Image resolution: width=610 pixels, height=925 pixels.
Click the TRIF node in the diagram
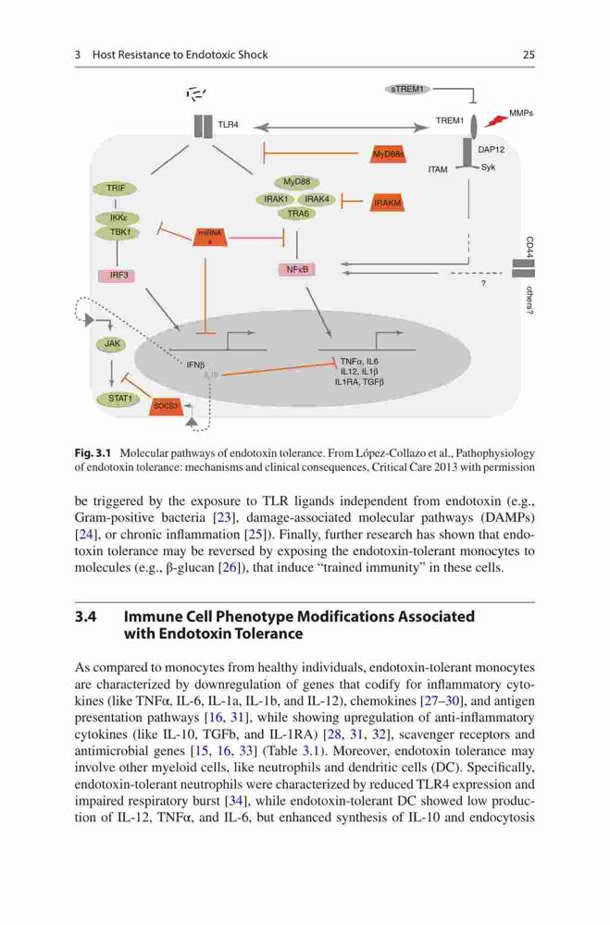pos(115,189)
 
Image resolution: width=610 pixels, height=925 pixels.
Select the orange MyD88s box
pos(387,154)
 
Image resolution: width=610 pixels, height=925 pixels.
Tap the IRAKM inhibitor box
pos(387,203)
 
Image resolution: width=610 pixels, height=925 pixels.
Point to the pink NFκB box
pos(296,269)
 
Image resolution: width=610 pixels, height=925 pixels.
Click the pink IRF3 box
pos(117,275)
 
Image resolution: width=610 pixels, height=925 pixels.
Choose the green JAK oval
pos(112,344)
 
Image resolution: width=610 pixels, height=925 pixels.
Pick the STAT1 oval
pos(118,399)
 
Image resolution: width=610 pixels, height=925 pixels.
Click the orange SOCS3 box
pos(166,406)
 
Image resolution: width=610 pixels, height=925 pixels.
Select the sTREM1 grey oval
pos(407,89)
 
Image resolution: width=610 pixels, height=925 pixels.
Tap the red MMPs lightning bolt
pos(496,120)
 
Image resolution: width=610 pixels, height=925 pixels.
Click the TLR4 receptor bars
pos(203,126)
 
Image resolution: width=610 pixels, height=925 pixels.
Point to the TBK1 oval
pos(118,232)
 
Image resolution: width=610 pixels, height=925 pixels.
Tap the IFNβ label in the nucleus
pos(195,365)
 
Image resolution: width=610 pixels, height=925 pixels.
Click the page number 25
pos(529,55)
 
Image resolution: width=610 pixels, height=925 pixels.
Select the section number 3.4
pos(86,617)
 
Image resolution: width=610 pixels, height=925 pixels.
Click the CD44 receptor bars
pos(523,268)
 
